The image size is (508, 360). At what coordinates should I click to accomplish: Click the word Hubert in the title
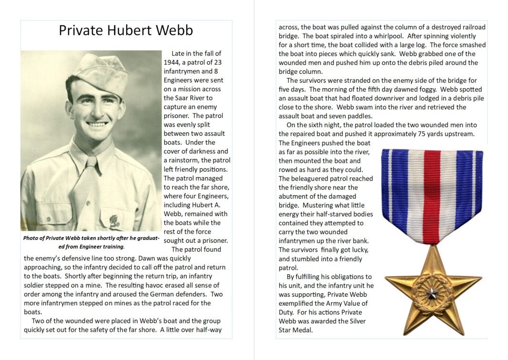click(126, 30)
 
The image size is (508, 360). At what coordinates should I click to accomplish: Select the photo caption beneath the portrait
click(91, 242)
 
